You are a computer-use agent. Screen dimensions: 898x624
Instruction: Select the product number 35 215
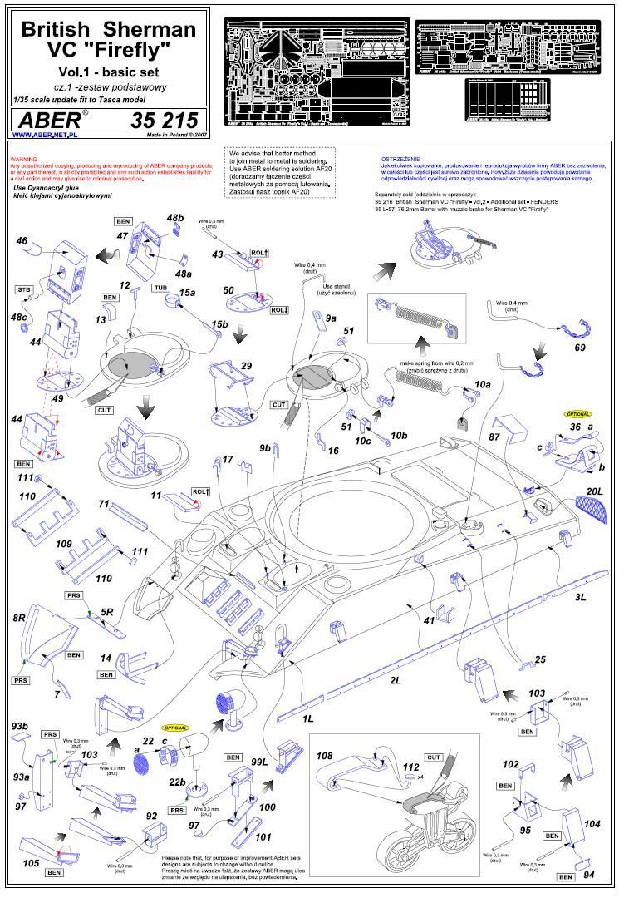click(x=163, y=120)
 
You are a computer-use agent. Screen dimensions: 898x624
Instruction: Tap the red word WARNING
click(x=25, y=159)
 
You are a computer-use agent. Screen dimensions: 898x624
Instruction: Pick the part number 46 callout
click(x=22, y=240)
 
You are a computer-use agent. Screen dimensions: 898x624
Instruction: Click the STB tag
click(x=24, y=289)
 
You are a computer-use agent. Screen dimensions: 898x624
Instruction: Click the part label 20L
click(x=595, y=491)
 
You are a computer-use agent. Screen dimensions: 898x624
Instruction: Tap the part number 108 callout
click(x=324, y=756)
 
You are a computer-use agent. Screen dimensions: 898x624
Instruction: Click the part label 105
click(x=31, y=864)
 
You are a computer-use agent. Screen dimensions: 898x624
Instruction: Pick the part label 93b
click(x=20, y=728)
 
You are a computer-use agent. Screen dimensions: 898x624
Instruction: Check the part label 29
click(x=246, y=366)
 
